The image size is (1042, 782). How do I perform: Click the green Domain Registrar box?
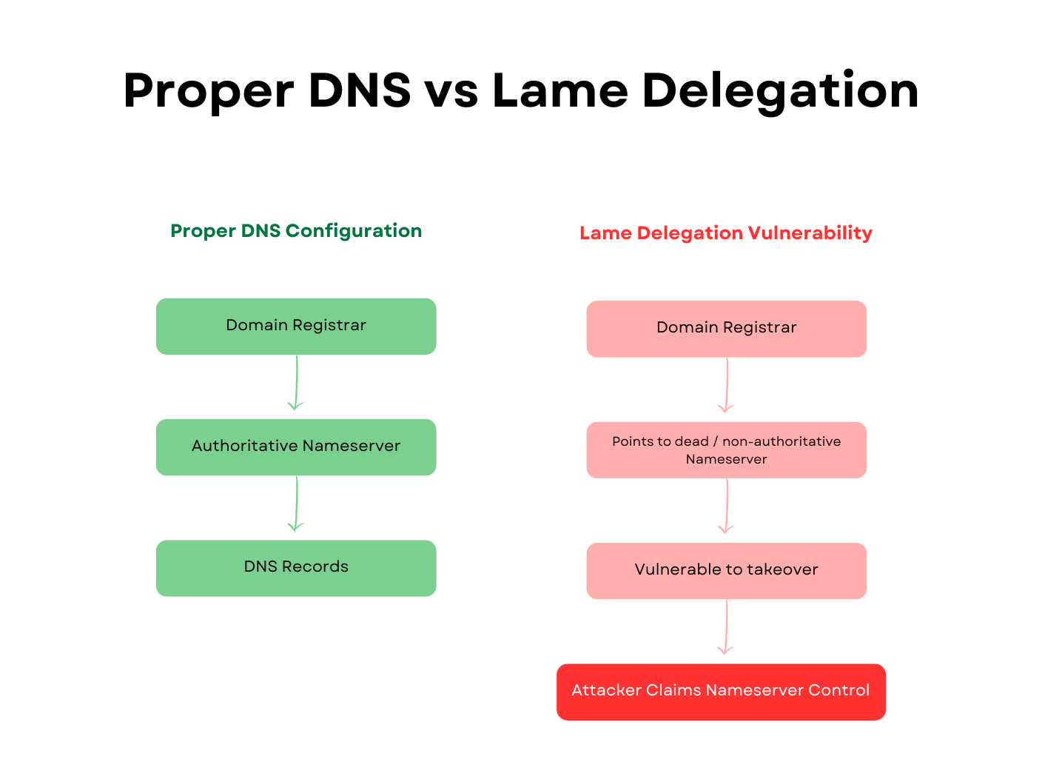pyautogui.click(x=296, y=326)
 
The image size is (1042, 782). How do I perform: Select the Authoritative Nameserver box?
pyautogui.click(x=296, y=447)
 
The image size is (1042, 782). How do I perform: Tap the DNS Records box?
pyautogui.click(x=296, y=568)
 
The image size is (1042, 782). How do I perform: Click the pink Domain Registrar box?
pyautogui.click(x=726, y=329)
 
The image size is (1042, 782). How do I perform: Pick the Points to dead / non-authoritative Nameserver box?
pyautogui.click(x=726, y=450)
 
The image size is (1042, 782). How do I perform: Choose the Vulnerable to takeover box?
pyautogui.click(x=726, y=571)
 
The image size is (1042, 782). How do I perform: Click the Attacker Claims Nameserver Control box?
pyautogui.click(x=721, y=692)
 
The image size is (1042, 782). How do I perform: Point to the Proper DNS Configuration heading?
pyautogui.click(x=296, y=231)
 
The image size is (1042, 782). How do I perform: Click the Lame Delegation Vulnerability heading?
pyautogui.click(x=726, y=233)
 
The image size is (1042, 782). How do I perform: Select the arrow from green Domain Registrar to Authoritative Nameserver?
pyautogui.click(x=297, y=383)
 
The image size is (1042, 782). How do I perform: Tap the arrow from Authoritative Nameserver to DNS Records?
pyautogui.click(x=297, y=504)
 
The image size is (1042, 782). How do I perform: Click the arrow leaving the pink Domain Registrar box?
pyautogui.click(x=727, y=385)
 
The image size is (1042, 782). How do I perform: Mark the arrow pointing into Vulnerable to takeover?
pyautogui.click(x=727, y=506)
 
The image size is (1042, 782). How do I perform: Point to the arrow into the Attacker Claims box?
pyautogui.click(x=726, y=627)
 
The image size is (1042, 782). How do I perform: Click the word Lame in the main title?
pyautogui.click(x=560, y=90)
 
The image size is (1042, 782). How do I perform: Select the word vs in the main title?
pyautogui.click(x=451, y=93)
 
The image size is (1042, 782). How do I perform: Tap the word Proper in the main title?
pyautogui.click(x=209, y=93)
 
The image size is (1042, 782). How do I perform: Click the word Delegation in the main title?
pyautogui.click(x=781, y=92)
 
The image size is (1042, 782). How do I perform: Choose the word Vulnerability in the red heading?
pyautogui.click(x=810, y=233)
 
